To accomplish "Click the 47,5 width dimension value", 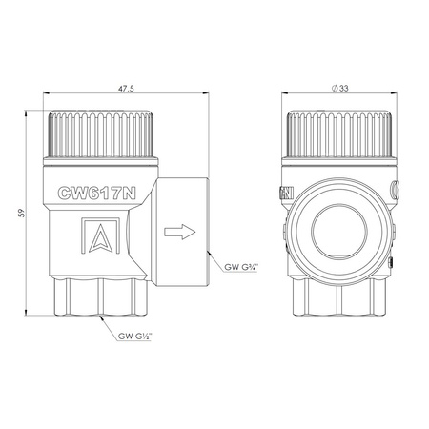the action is point(126,89).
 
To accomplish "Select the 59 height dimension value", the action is point(21,213).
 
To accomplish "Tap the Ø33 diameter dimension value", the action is point(339,88).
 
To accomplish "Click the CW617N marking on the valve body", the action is point(97,193).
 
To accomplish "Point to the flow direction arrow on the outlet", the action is point(180,232).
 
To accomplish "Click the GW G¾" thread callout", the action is point(241,267).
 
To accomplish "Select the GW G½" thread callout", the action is point(135,336).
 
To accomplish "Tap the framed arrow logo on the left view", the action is point(100,235).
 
